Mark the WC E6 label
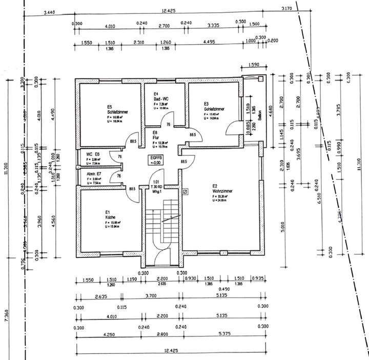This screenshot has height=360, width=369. pyautogui.click(x=93, y=154)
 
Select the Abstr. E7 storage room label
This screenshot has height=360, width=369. pyautogui.click(x=93, y=174)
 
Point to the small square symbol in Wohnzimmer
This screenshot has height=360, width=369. pyautogui.click(x=186, y=192)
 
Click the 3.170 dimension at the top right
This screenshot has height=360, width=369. pyautogui.click(x=287, y=9)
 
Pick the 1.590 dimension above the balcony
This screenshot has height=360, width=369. pyautogui.click(x=253, y=65)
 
